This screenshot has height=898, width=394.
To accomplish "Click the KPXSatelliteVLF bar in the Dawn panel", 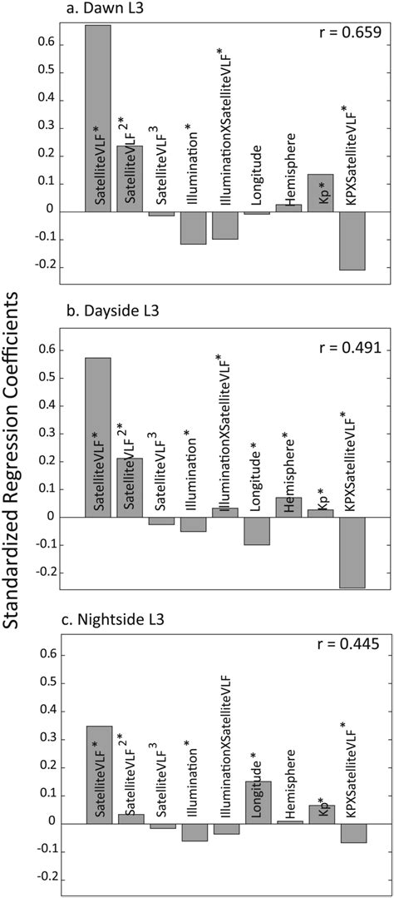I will click(353, 241).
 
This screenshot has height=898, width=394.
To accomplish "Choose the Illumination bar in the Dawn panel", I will click(193, 228).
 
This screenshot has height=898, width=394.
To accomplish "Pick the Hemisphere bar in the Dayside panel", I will click(288, 507).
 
